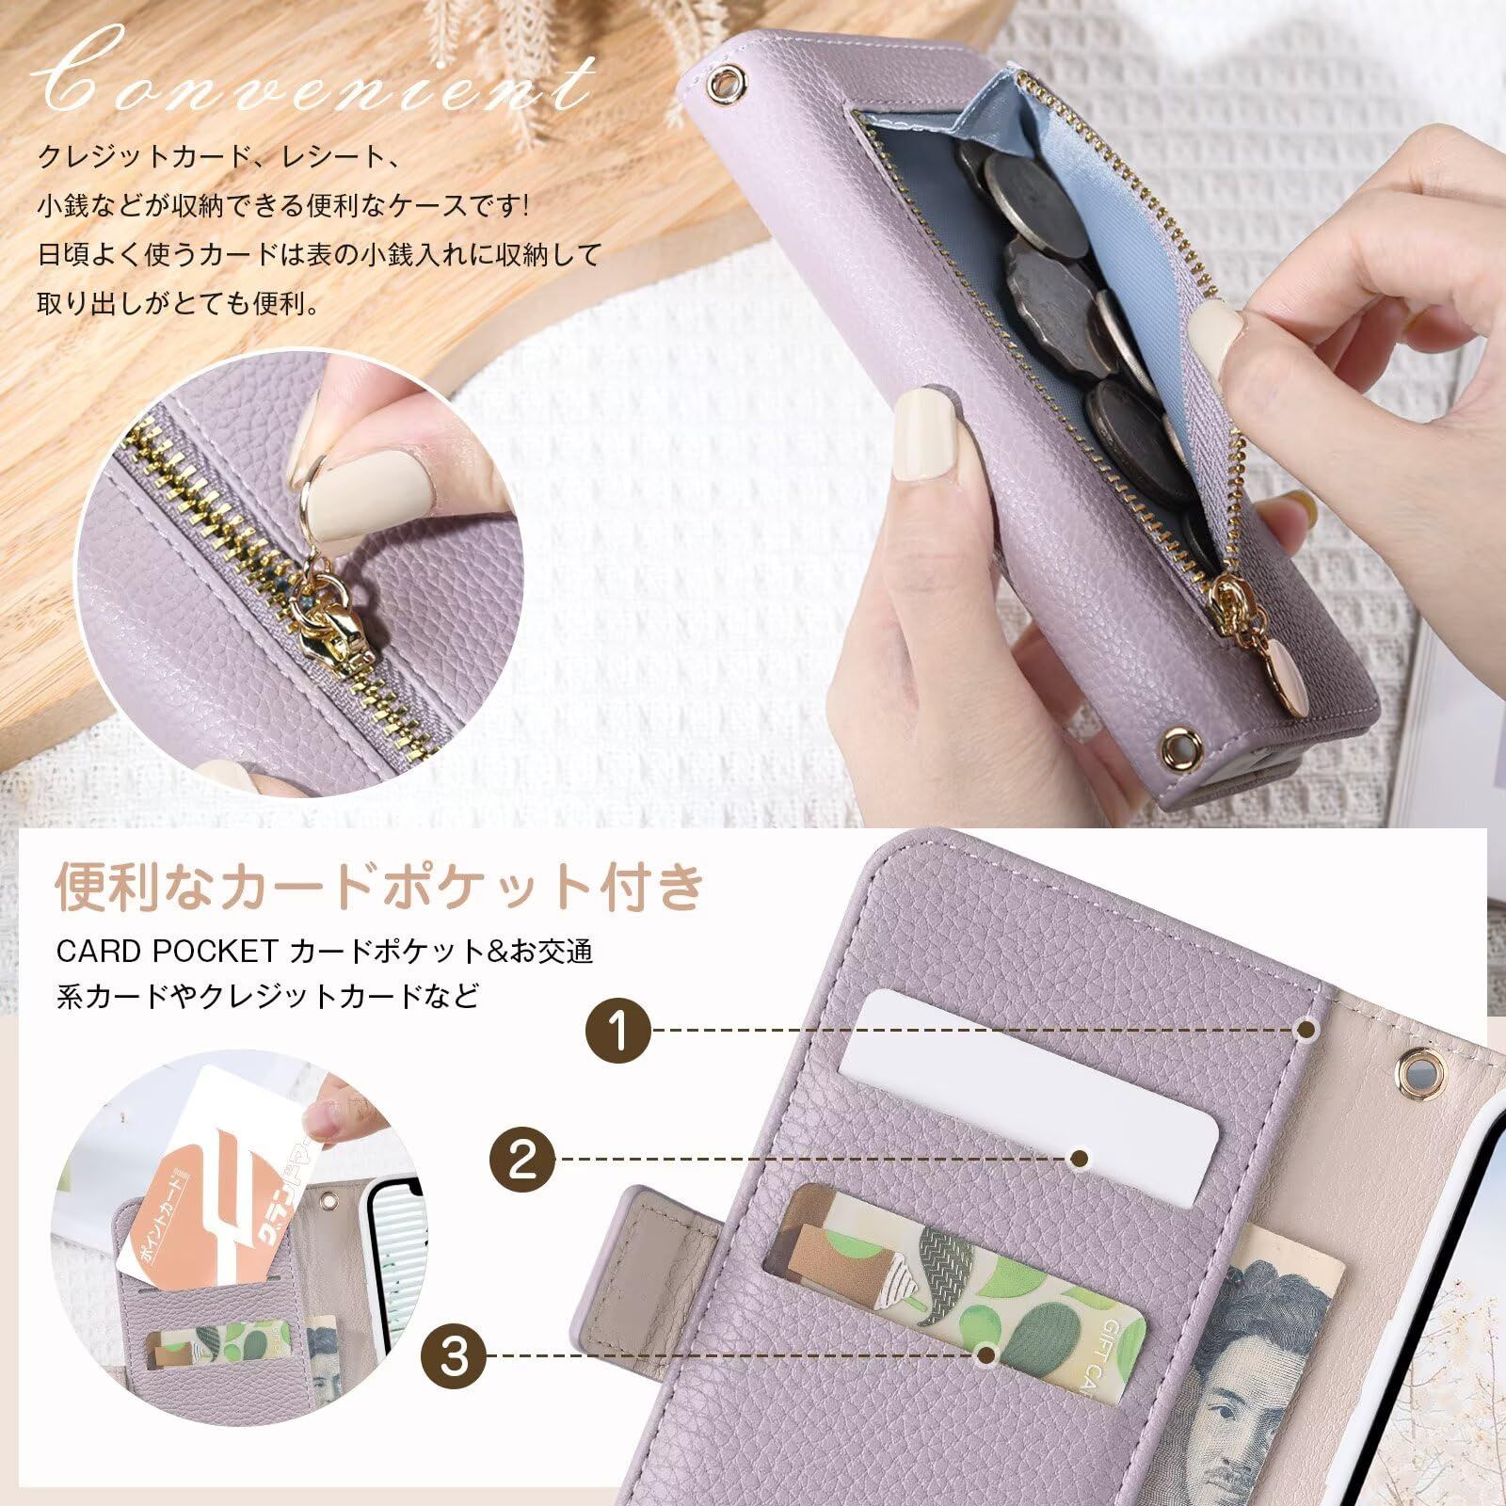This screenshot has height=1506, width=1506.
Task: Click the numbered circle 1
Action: click(x=617, y=1031)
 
